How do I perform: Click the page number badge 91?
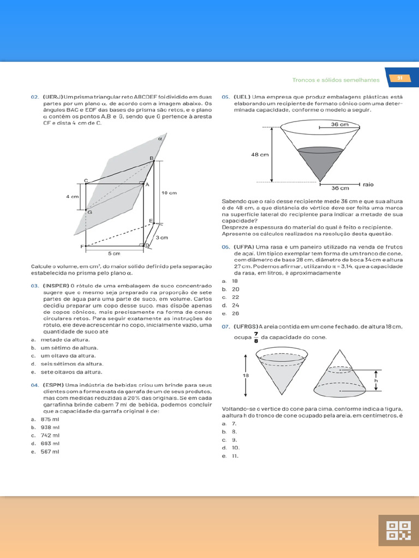[399, 78]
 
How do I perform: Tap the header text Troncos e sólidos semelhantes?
[336, 80]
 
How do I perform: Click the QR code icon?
[398, 530]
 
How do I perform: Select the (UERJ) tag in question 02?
[53, 96]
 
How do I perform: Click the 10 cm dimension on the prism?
[169, 193]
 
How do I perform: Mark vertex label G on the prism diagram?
[89, 211]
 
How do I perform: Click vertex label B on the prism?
[152, 158]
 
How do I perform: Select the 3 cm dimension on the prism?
[161, 238]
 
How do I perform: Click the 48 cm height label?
[260, 155]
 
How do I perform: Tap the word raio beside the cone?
[368, 184]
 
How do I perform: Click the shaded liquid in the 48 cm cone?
[321, 159]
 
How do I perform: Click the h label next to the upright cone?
[375, 381]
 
